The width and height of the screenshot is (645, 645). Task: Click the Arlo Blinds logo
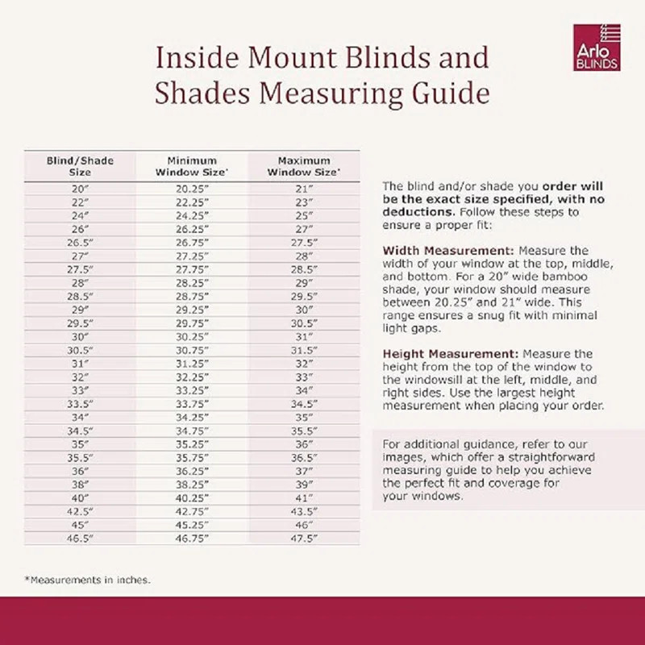pos(597,48)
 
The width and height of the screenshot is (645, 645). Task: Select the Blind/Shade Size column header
pos(80,166)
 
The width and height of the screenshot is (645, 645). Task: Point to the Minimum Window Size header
pos(192,166)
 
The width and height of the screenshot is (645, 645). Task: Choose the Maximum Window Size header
pos(303,166)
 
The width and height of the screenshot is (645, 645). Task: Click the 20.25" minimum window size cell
pos(192,189)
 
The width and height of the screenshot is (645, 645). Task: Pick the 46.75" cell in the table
pos(192,537)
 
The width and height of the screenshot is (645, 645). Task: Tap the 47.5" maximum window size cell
pos(303,537)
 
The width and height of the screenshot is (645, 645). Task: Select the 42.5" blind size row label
pos(80,510)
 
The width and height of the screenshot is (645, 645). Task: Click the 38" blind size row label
pos(80,484)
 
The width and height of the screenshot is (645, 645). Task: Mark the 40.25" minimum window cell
pos(192,497)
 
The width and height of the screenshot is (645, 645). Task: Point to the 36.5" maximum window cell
pos(303,457)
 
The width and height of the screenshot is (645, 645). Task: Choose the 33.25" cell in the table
pos(192,390)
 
